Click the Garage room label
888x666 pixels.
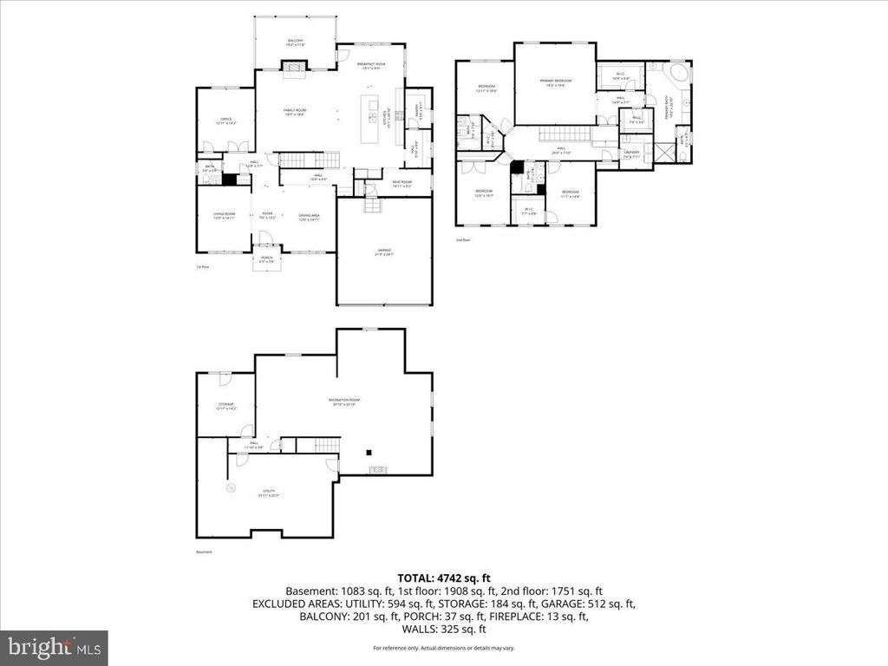pos(383,252)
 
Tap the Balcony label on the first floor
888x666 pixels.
pos(296,42)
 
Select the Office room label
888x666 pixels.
pos(225,121)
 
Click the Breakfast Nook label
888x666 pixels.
pos(371,63)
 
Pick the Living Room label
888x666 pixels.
pos(225,217)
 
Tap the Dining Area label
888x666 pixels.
pos(310,217)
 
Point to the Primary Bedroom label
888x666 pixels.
pos(555,82)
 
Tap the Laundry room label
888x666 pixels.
pos(630,154)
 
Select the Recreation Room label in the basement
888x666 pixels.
pos(343,402)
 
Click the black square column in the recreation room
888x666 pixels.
pos(369,452)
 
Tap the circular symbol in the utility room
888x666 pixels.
pos(231,489)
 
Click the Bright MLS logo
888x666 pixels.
pos(54,647)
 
